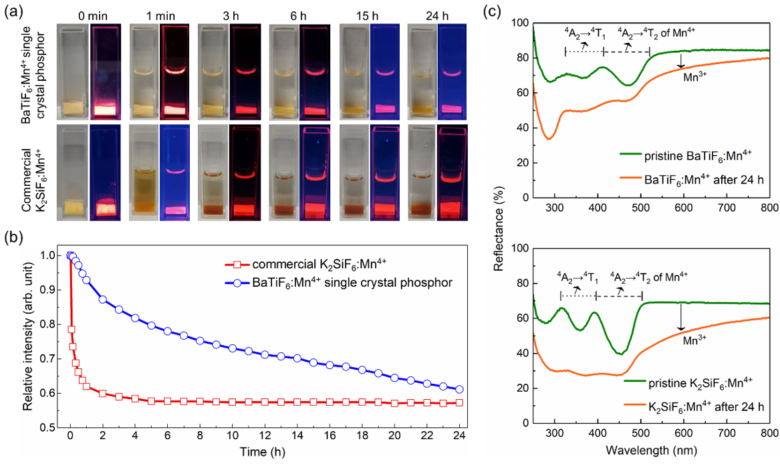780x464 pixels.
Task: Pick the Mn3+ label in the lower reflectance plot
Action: coord(695,340)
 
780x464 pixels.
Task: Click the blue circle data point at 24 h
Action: coord(459,389)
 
